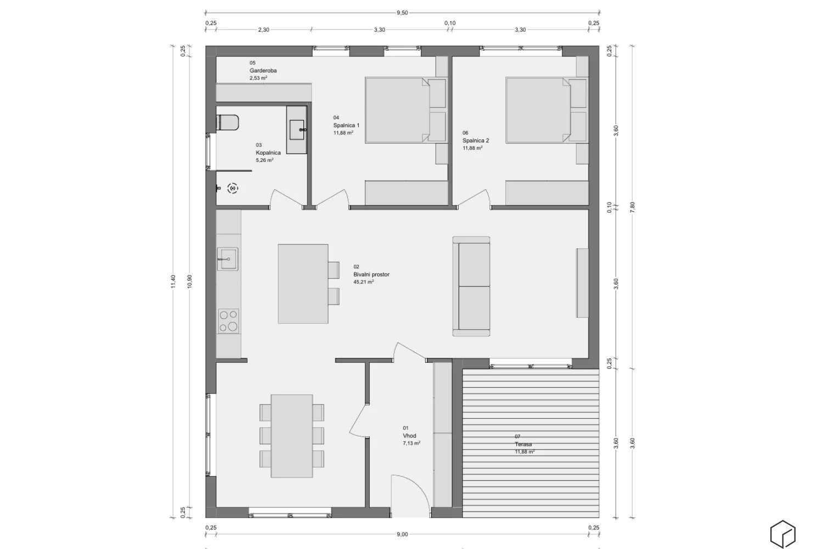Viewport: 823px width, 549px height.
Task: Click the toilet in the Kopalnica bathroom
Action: coord(228,122)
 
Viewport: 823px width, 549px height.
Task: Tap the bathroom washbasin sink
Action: coord(297,130)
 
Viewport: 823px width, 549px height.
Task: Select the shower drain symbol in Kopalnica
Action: coord(233,188)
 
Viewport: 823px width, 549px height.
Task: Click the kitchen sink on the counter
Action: coord(228,259)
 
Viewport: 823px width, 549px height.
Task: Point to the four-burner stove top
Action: coord(228,321)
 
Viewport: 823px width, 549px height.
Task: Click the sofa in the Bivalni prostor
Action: coord(471,287)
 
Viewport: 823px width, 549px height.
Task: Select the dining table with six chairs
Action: coord(292,436)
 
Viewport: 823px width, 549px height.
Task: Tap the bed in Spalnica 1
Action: coord(405,110)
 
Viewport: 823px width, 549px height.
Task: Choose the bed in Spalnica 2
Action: coord(546,110)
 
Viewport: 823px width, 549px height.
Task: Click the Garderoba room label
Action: coord(263,71)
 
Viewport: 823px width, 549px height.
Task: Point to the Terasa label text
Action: coord(523,444)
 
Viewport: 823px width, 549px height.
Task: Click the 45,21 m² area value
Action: coord(363,282)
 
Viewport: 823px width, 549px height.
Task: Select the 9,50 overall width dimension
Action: coord(402,13)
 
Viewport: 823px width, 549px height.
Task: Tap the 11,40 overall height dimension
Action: coord(173,281)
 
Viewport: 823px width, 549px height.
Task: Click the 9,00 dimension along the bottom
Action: coord(402,534)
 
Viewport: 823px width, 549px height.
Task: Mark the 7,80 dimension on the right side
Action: coord(632,207)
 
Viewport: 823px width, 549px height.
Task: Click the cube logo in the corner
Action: coord(782,534)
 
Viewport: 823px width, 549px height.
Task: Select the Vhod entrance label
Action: coord(409,436)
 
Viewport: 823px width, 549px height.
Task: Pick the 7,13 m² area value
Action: coord(411,444)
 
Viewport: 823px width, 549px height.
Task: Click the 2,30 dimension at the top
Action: coord(263,30)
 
